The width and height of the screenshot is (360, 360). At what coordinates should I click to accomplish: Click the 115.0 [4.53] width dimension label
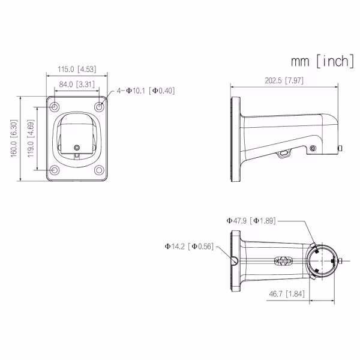tap(77, 69)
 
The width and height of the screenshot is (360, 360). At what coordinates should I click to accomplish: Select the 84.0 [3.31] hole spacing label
tap(77, 84)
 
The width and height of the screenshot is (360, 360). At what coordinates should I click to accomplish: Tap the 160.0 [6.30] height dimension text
tap(14, 139)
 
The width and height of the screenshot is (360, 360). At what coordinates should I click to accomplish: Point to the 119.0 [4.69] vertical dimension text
tap(31, 139)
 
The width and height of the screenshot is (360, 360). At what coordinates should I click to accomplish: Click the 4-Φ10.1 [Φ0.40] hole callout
tap(146, 91)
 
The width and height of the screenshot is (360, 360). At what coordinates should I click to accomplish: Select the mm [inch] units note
tap(322, 61)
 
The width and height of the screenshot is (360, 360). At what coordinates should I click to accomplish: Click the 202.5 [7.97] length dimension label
tap(284, 80)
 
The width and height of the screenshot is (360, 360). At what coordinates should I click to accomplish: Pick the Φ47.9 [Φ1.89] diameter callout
tap(251, 221)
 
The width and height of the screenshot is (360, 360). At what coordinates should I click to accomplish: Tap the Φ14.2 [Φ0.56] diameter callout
tap(189, 247)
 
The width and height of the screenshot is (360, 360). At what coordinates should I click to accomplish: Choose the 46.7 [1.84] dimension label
tap(287, 294)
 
